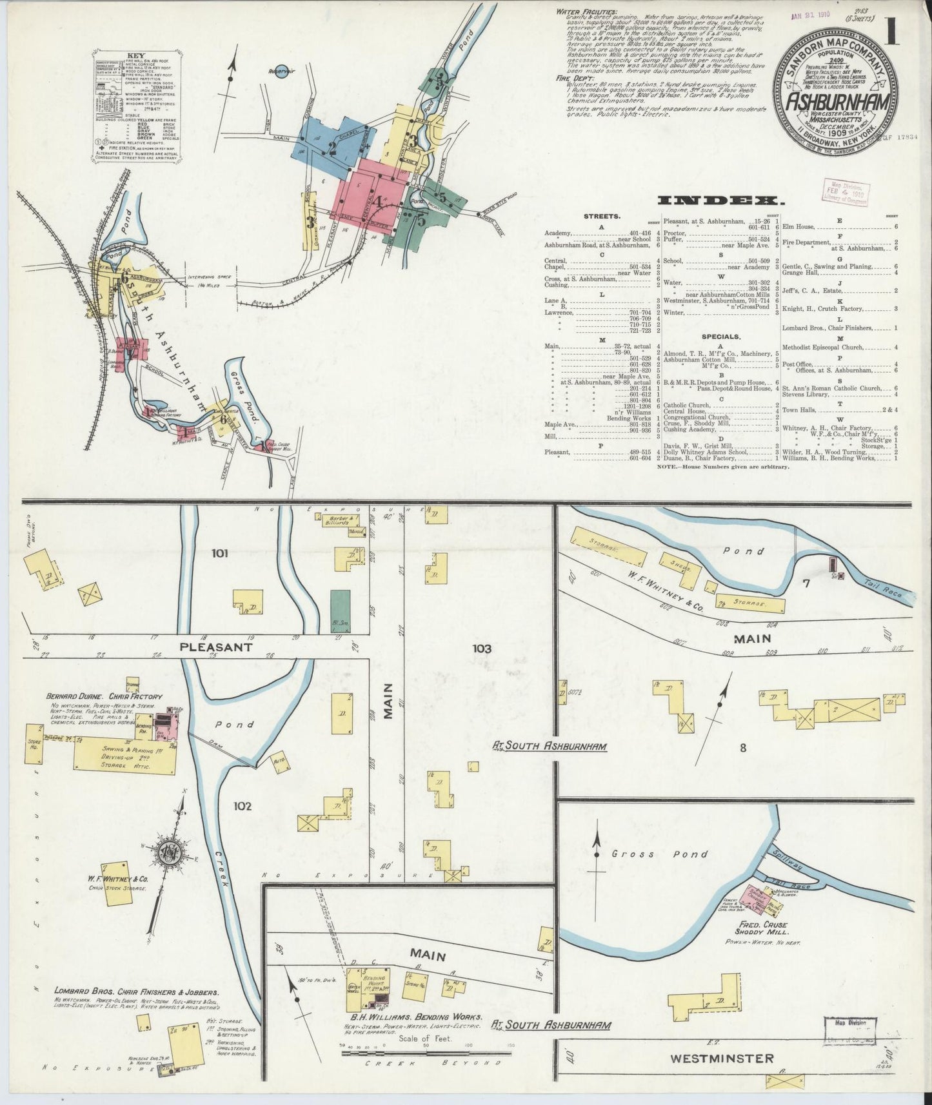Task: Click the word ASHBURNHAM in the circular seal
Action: tap(838, 103)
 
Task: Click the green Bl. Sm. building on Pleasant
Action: tap(336, 611)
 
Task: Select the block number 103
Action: tap(481, 648)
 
